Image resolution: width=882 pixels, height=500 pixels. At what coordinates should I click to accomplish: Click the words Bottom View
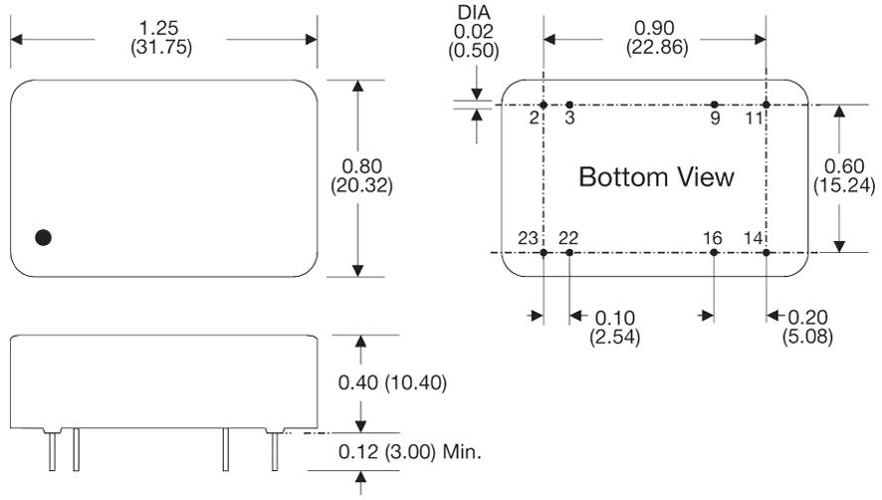click(656, 178)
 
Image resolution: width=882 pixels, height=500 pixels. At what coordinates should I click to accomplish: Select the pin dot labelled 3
click(569, 105)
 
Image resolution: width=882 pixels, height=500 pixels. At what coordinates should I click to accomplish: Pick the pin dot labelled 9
click(715, 105)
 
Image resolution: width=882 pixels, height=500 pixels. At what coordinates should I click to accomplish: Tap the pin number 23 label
click(528, 238)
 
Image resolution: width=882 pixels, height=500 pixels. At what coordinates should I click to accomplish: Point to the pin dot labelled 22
click(569, 253)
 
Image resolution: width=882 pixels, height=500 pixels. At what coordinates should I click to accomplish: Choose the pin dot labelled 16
click(715, 253)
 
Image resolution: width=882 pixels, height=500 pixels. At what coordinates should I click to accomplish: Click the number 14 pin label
click(754, 238)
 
